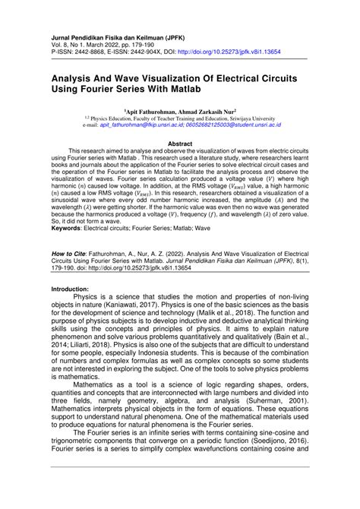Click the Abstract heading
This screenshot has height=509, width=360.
[x=179, y=143]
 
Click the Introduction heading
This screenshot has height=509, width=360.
[x=75, y=289]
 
